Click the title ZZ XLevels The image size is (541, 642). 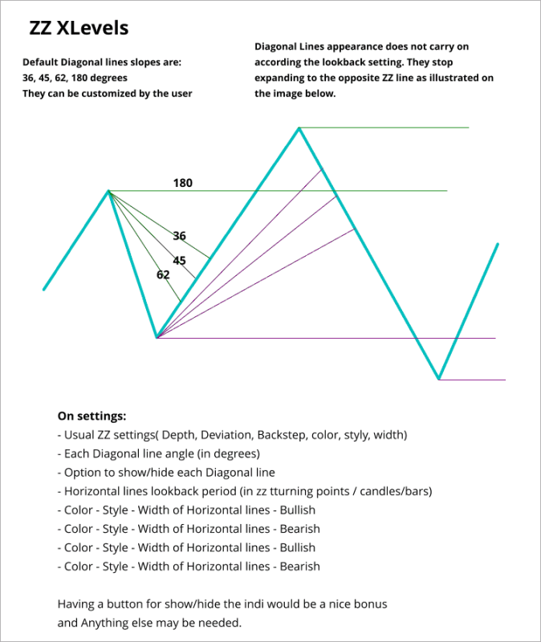click(x=79, y=29)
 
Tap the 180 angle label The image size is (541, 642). click(x=183, y=183)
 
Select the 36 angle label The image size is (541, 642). click(x=180, y=236)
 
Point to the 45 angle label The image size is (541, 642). click(x=180, y=260)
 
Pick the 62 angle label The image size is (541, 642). click(x=163, y=274)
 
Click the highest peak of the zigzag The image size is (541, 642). click(x=299, y=128)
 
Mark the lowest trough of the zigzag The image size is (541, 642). click(x=439, y=379)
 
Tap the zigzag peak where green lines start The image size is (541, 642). click(x=108, y=191)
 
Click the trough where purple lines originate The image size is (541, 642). click(x=157, y=338)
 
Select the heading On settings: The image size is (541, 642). click(x=92, y=416)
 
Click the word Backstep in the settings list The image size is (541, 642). click(x=280, y=435)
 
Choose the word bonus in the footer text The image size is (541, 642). click(x=372, y=603)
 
